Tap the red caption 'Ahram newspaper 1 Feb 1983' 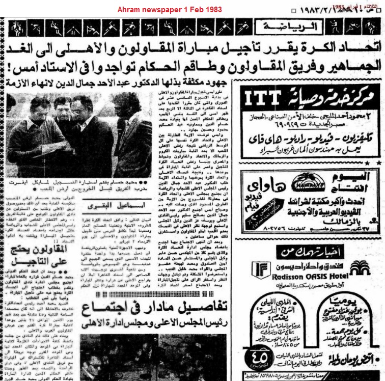pyautogui.click(x=163, y=10)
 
